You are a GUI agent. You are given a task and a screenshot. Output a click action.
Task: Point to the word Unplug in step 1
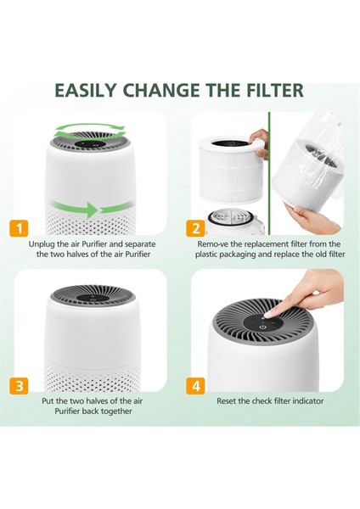click(42, 243)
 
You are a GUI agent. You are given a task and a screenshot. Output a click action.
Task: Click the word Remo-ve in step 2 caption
click(216, 243)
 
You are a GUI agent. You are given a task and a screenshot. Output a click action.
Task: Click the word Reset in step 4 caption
click(229, 400)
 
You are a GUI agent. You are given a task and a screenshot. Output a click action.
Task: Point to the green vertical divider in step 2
click(268, 170)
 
